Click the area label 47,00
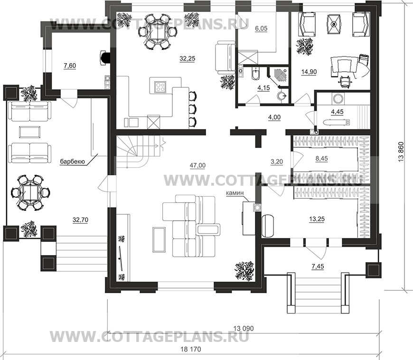pyautogui.click(x=197, y=165)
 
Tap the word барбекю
pyautogui.click(x=73, y=161)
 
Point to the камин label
pyautogui.click(x=235, y=193)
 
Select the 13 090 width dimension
pyautogui.click(x=244, y=328)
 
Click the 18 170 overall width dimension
pyautogui.click(x=191, y=350)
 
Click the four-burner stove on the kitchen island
pyautogui.click(x=160, y=87)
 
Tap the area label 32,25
pyautogui.click(x=187, y=58)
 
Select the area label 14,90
pyautogui.click(x=309, y=72)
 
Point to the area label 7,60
pyautogui.click(x=70, y=66)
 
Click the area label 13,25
pyautogui.click(x=317, y=219)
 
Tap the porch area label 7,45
pyautogui.click(x=318, y=266)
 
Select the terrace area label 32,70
pyautogui.click(x=80, y=219)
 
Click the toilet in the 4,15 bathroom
pyautogui.click(x=255, y=74)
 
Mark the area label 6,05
pyautogui.click(x=261, y=28)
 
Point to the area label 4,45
pyautogui.click(x=337, y=112)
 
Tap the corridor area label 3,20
pyautogui.click(x=277, y=161)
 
